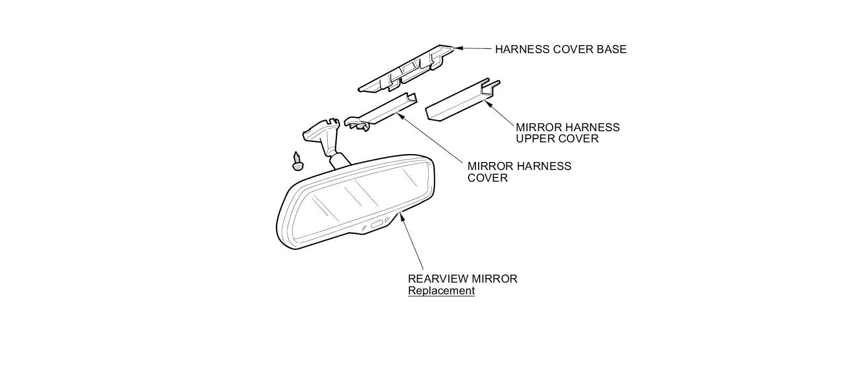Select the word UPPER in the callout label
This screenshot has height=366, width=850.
(x=534, y=139)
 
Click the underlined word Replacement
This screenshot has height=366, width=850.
(x=441, y=291)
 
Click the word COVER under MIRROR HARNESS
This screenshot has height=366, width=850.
(x=487, y=178)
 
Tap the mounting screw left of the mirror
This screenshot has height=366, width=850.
(x=297, y=161)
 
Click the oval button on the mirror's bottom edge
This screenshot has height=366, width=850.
(x=376, y=224)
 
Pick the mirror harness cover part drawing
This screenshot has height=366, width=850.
(x=380, y=113)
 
